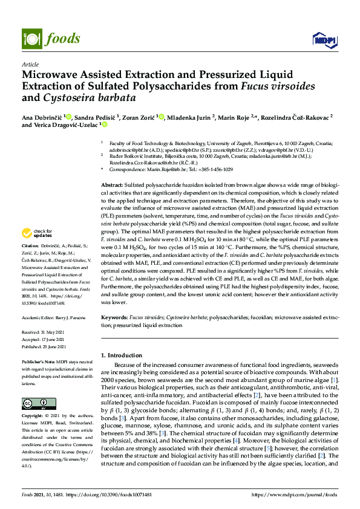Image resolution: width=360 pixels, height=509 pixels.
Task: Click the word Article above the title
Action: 30,63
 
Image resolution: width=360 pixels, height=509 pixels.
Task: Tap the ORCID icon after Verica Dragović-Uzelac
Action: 105,125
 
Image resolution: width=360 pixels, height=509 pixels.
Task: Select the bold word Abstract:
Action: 111,183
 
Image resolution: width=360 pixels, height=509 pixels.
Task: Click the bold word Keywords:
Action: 114,316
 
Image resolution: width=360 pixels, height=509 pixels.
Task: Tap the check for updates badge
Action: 39,233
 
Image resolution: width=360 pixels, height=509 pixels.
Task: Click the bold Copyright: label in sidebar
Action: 34,417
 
